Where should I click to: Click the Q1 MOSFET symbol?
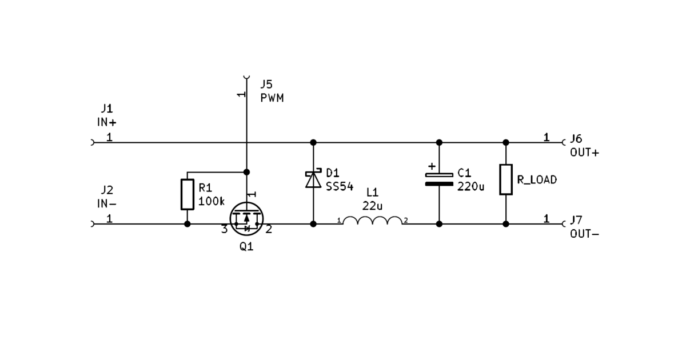coord(246,219)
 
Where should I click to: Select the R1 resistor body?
coord(188,194)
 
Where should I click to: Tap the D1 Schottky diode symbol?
coord(313,178)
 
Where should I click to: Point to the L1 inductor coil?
coord(372,220)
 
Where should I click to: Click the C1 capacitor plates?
coord(439,179)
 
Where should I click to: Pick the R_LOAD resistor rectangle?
coord(506,179)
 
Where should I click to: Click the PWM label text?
coord(272,98)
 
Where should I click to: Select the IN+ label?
coord(106,122)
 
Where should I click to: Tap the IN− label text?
coord(106,203)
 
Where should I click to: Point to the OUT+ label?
coord(584,153)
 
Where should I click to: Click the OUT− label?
coord(584,234)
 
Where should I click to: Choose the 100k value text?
coord(212,201)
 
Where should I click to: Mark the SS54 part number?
coord(340,187)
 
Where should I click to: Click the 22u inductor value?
coord(372,206)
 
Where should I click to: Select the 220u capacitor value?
coord(470,186)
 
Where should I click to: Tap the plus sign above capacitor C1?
coord(432,166)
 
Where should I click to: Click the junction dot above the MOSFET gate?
coord(246,172)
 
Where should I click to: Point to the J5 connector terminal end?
coord(246,77)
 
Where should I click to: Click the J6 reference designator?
coord(576,139)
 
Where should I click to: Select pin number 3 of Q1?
coord(225,229)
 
